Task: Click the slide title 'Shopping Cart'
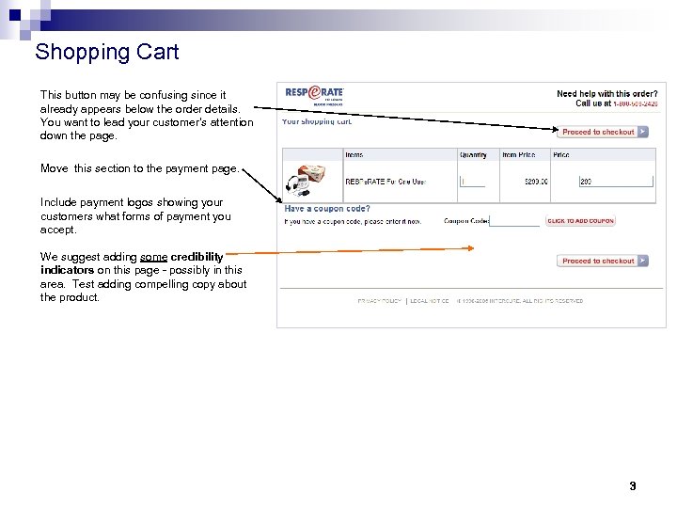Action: click(106, 52)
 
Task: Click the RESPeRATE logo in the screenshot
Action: click(315, 94)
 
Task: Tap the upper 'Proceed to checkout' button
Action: click(603, 132)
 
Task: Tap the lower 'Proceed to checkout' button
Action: click(603, 261)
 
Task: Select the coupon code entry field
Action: click(514, 221)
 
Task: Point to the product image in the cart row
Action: click(305, 179)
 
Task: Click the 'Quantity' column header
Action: click(473, 154)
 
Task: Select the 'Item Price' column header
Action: click(519, 154)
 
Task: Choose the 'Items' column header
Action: click(354, 154)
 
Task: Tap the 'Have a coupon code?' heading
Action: click(327, 209)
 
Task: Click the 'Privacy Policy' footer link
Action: click(378, 301)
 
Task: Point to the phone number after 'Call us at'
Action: click(637, 103)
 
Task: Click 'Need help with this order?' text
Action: click(606, 94)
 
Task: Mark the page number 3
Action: click(632, 486)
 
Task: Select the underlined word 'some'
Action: click(153, 257)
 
